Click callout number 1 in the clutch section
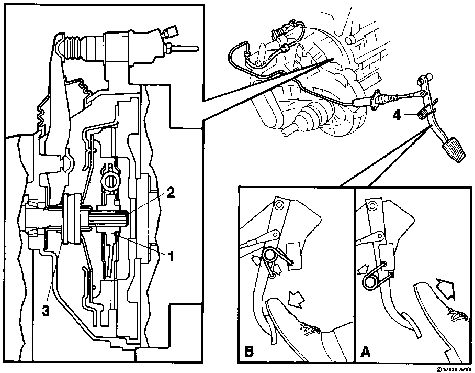click(171, 256)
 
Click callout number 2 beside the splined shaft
click(171, 192)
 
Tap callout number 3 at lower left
click(46, 311)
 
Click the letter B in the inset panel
click(249, 352)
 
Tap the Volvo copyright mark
click(455, 370)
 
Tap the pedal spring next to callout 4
click(423, 114)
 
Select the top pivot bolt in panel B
click(279, 205)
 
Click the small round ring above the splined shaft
click(109, 181)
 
